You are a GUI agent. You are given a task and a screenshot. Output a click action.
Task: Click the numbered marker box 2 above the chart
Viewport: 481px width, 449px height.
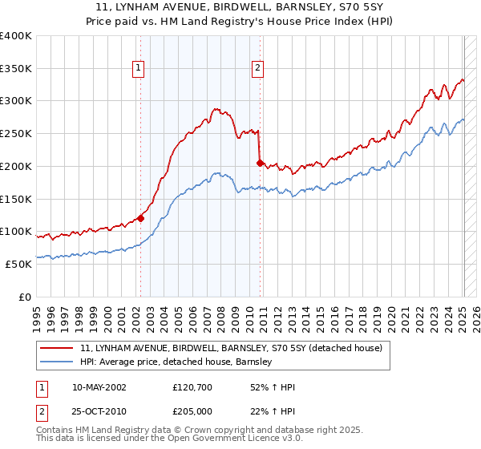tap(258, 69)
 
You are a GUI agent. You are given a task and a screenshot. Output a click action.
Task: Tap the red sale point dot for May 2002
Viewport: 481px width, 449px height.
tap(140, 217)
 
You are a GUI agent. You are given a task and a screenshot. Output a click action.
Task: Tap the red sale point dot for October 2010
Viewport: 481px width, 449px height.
tap(260, 163)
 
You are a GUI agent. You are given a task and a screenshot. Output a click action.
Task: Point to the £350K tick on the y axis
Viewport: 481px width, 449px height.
tap(16, 68)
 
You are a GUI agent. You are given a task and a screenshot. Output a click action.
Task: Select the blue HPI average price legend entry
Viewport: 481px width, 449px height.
tap(176, 362)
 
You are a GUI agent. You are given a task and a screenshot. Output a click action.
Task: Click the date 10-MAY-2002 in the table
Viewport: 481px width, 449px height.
tap(100, 387)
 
